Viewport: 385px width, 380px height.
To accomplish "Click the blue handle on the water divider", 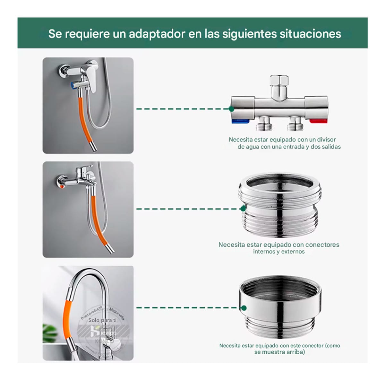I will [x=239, y=121].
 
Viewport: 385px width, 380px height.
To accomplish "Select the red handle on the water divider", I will [x=318, y=121].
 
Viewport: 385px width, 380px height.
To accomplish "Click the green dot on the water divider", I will [x=232, y=109].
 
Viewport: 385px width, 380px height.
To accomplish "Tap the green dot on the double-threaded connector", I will [x=243, y=209].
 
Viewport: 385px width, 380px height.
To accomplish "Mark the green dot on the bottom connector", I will [x=244, y=308].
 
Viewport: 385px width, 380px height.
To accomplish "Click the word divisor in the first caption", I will [x=326, y=140].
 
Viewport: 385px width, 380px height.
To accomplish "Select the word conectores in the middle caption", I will [x=322, y=245].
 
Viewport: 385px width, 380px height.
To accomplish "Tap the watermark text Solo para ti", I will [x=102, y=320].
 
